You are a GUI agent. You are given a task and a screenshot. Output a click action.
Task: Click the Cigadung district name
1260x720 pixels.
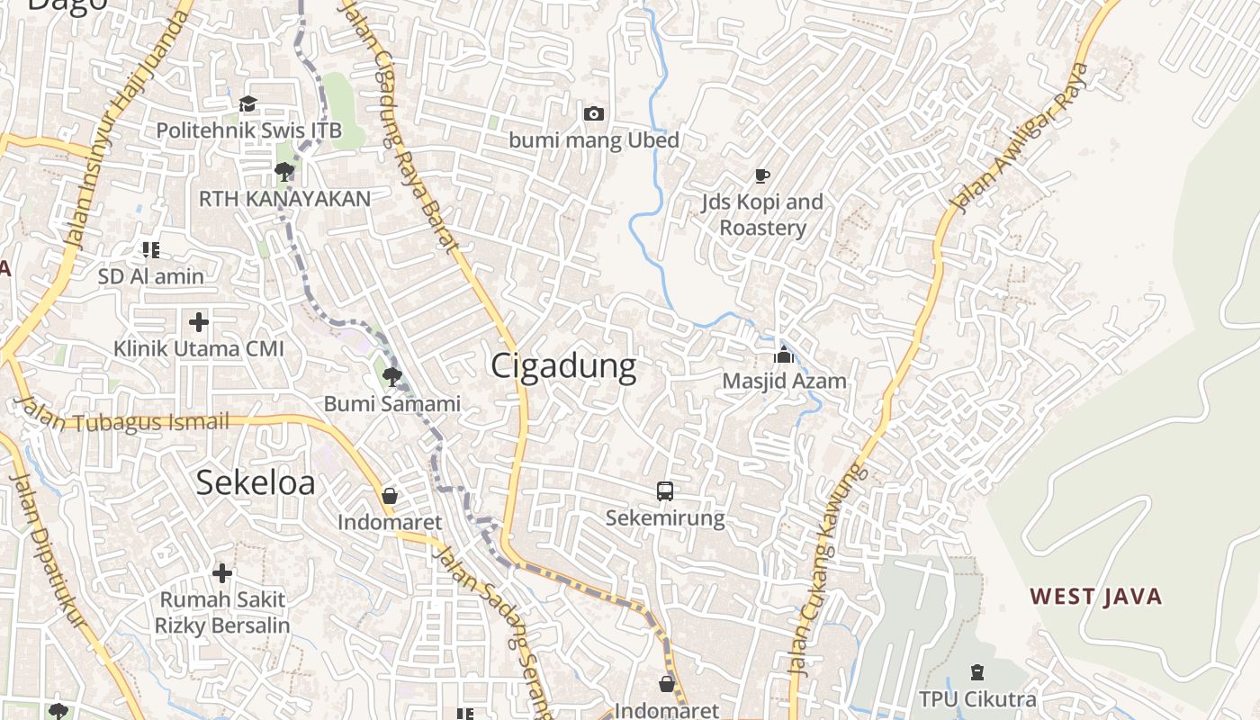pos(563,366)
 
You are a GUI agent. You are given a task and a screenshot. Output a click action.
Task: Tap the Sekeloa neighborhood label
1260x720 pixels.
pos(256,483)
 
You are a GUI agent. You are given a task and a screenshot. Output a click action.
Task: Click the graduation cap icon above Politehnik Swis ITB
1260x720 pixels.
pos(247,104)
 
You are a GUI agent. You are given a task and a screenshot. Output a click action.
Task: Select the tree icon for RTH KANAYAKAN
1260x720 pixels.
pos(284,171)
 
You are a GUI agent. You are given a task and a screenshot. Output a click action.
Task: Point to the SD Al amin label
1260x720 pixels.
pos(151,276)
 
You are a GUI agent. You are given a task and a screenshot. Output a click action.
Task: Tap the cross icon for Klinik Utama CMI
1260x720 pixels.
pos(199,321)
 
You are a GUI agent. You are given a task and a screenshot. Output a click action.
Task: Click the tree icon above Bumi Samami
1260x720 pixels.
pos(391,377)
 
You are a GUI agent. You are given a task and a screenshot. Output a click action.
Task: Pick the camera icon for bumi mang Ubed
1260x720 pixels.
pos(594,113)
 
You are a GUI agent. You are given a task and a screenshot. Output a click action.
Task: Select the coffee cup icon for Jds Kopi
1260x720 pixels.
pos(762,175)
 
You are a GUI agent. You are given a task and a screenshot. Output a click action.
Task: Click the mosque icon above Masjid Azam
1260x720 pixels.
pos(784,355)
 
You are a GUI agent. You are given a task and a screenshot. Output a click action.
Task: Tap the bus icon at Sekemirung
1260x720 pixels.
pos(665,491)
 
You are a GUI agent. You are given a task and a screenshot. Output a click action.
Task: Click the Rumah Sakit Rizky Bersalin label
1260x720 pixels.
pos(222,612)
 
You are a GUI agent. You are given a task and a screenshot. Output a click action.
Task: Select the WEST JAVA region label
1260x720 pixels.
pos(1096,596)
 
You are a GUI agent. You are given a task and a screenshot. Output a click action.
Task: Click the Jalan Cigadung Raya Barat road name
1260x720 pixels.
pos(401,126)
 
